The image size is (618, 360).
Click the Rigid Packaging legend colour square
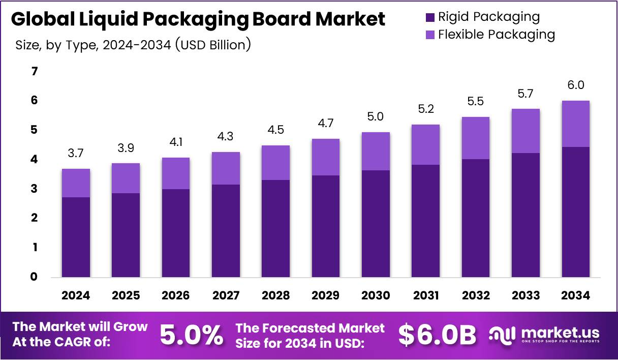tap(430, 17)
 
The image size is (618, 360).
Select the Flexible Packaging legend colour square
tap(430, 35)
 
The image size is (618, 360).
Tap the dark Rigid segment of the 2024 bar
tap(76, 237)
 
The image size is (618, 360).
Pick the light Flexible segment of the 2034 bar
tap(576, 124)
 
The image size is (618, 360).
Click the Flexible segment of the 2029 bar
tap(326, 157)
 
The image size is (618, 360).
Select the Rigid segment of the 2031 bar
tap(426, 221)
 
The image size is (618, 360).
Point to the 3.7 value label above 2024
tap(76, 153)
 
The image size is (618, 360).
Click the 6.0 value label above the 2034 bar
tap(576, 85)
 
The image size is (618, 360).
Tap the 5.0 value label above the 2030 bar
tap(376, 116)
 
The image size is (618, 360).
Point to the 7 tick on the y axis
tap(35, 72)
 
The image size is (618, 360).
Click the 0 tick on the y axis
tap(34, 277)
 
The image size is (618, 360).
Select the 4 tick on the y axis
tap(34, 159)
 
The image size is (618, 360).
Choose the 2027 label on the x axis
tap(226, 295)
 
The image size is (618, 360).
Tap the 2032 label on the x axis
tap(476, 295)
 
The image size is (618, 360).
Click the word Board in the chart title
tap(282, 19)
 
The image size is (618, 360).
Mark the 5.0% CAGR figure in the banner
tap(192, 335)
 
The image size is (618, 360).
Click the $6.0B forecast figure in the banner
tap(437, 335)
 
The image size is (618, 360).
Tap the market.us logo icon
tap(502, 335)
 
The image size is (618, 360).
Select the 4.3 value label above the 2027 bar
tap(226, 136)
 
